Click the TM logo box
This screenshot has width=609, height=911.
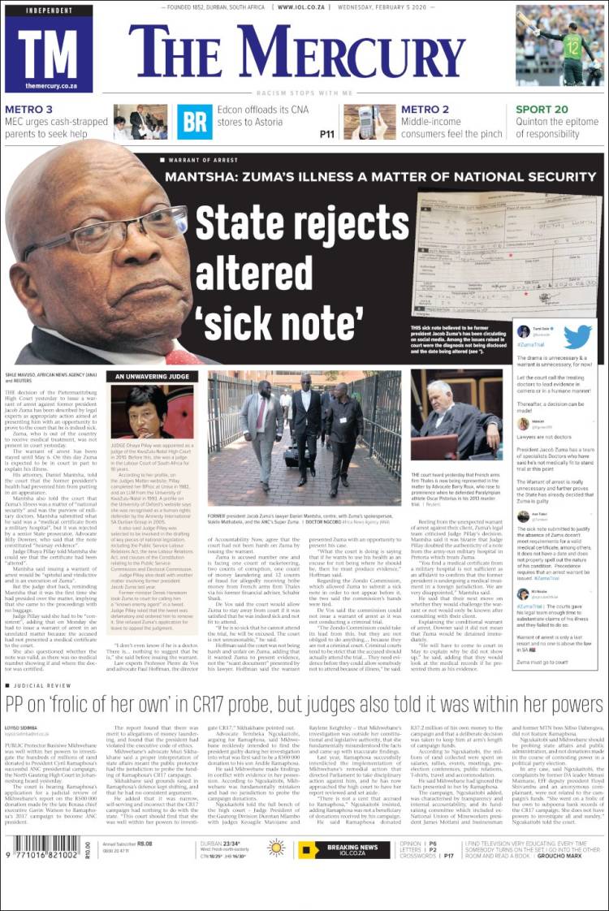click(49, 49)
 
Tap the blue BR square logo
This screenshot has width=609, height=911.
click(195, 122)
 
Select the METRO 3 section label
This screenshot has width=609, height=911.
click(29, 110)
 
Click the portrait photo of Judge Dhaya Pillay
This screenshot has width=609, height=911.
click(152, 412)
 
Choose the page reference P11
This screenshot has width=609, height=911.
click(327, 134)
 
